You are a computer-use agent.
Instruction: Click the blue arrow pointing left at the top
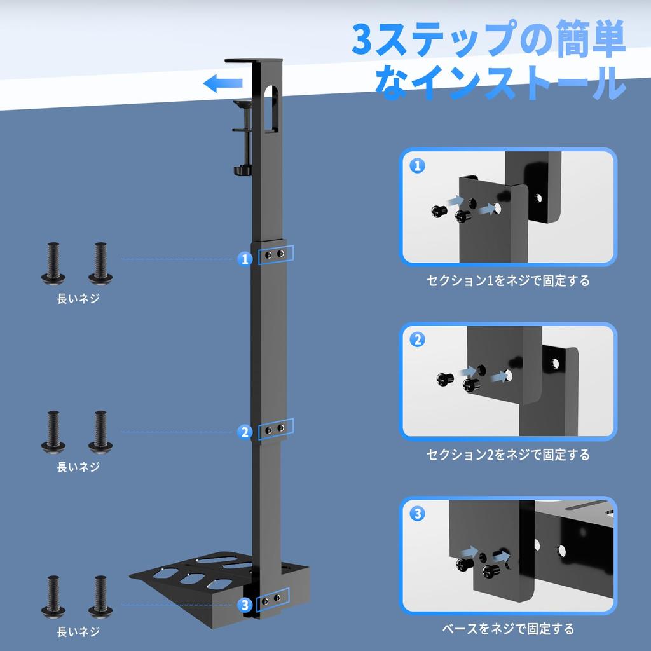[x=223, y=83]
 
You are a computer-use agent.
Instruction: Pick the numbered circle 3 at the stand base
[x=246, y=605]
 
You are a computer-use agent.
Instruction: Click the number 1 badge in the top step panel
[x=418, y=167]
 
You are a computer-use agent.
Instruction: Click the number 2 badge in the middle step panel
[x=418, y=340]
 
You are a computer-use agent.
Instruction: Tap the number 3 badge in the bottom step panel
[x=418, y=514]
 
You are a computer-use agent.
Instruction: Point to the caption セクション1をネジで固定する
[x=507, y=280]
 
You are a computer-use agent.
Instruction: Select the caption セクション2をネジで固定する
[x=507, y=455]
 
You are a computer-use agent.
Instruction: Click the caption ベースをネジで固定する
[x=507, y=629]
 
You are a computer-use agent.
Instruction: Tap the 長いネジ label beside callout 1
[x=78, y=299]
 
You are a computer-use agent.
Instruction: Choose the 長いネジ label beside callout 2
[x=78, y=467]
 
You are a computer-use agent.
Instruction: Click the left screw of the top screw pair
[x=53, y=262]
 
